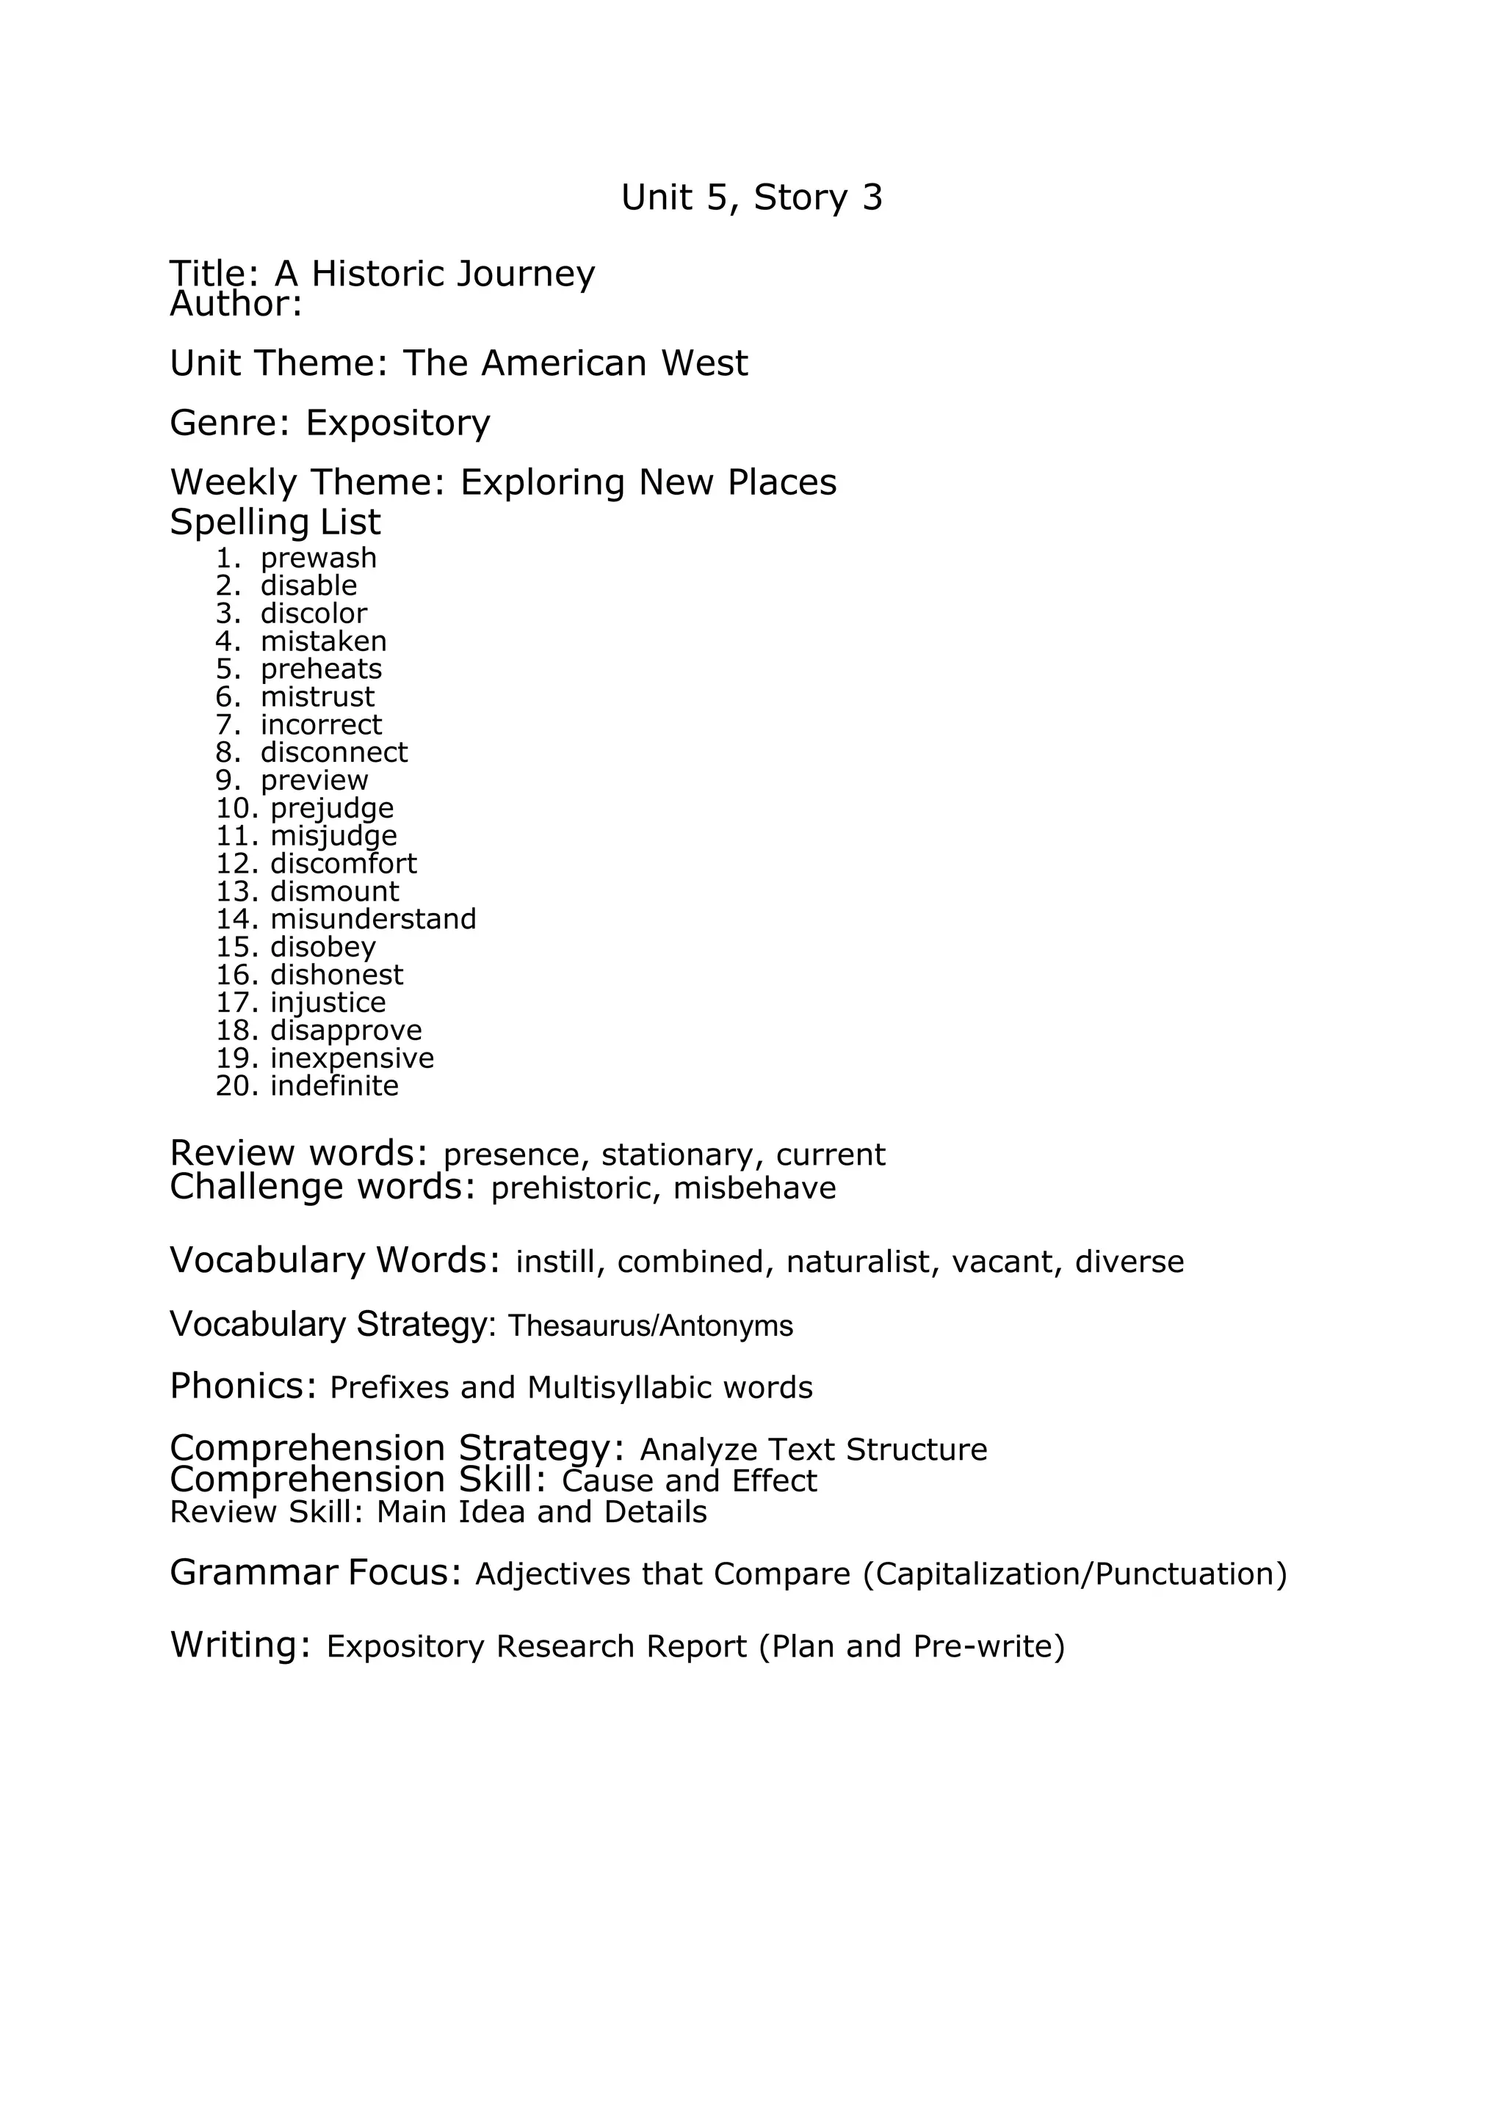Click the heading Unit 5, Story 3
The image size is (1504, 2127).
751,197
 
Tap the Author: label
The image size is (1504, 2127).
236,304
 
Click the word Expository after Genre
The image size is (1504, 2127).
397,423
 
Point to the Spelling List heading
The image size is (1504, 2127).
275,523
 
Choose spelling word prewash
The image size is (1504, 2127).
319,558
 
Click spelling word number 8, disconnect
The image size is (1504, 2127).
333,752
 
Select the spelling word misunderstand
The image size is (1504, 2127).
374,919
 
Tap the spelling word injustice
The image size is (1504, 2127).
328,1003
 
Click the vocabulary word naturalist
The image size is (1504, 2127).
858,1262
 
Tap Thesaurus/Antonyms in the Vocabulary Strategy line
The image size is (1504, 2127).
651,1326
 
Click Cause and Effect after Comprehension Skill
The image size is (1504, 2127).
690,1480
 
